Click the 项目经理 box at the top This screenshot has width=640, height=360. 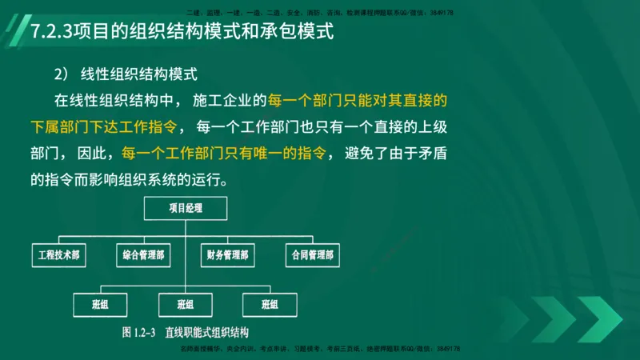(x=186, y=208)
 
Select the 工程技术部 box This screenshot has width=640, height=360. (x=60, y=256)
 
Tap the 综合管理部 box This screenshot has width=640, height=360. (x=144, y=256)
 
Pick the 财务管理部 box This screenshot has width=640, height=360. (x=228, y=256)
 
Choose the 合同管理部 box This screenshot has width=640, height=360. (x=312, y=256)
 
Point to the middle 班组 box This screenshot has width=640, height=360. (x=186, y=304)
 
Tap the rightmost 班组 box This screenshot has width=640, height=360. (x=270, y=304)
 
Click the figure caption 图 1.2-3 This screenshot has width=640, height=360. (x=138, y=331)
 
